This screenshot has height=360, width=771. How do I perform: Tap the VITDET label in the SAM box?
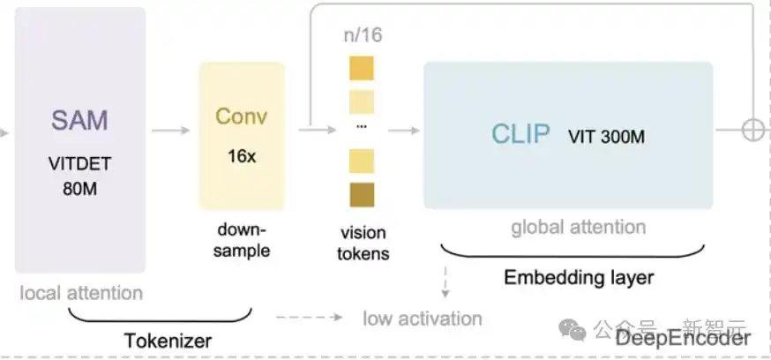click(79, 165)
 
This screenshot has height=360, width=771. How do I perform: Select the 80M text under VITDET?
click(79, 188)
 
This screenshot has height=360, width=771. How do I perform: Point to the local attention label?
click(80, 292)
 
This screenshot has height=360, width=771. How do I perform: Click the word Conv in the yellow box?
click(241, 117)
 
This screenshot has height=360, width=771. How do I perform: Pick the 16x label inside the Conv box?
click(241, 156)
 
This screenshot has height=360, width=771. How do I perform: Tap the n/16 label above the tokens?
click(362, 36)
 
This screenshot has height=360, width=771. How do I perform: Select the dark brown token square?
click(362, 195)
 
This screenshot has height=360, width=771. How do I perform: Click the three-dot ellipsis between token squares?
click(362, 126)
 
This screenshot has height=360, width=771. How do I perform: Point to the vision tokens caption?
click(363, 244)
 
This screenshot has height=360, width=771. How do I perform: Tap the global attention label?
click(579, 228)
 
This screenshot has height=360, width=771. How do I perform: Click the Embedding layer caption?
click(579, 278)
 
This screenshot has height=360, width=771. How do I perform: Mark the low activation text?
click(423, 318)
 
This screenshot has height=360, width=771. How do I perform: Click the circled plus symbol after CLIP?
click(752, 131)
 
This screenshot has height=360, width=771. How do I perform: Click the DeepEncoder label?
click(684, 338)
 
